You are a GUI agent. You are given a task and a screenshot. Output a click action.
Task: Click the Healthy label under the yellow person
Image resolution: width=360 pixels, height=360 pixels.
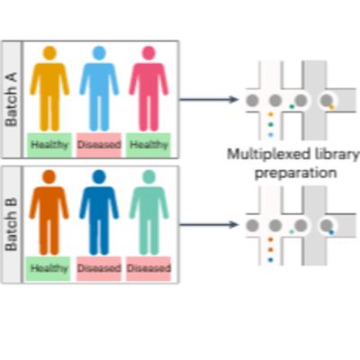coord(49,144)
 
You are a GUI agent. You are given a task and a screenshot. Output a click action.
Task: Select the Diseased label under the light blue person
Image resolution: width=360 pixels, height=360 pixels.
coord(98,144)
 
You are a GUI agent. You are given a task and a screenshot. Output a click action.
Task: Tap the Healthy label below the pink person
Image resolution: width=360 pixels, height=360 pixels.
coord(148,144)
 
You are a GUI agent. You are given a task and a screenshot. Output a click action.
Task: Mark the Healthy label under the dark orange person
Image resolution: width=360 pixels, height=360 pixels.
coord(49,268)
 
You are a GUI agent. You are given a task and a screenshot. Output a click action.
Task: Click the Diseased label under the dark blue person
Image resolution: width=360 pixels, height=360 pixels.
coord(98,268)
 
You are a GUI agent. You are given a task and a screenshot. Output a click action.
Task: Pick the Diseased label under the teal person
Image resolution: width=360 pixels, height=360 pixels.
coord(148,268)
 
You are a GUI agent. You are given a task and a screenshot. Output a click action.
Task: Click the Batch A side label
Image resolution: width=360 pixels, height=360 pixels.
coord(12,99)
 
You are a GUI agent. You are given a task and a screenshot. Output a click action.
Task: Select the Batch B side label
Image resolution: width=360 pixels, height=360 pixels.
coord(12,224)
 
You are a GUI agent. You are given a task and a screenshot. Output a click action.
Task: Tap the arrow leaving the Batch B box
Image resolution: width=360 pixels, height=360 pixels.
coord(211,224)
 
